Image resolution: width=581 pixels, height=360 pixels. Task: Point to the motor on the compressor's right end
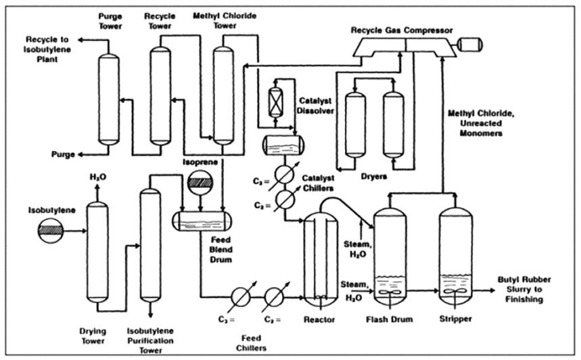467,44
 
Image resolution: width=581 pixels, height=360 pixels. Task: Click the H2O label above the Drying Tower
98,177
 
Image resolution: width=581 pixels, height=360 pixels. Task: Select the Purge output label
63,154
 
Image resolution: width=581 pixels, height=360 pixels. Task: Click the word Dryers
373,176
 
